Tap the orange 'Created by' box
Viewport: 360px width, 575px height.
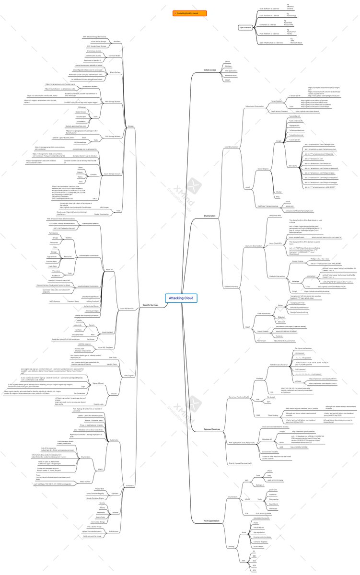point(190,13)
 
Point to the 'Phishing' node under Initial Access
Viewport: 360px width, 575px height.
point(228,66)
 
